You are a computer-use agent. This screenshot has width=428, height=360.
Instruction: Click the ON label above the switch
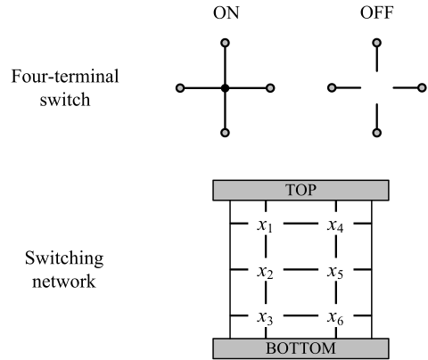(x=225, y=13)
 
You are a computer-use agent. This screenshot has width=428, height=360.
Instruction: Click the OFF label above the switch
(x=376, y=13)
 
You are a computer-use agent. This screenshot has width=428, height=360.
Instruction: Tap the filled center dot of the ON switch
(x=226, y=87)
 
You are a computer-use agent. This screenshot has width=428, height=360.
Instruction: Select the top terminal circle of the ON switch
(x=226, y=42)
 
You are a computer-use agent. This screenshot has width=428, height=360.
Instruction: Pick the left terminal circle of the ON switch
(x=180, y=87)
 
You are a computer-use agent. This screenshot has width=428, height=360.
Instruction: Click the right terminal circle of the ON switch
(x=270, y=87)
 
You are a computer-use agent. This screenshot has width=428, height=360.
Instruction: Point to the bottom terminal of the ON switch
(x=226, y=133)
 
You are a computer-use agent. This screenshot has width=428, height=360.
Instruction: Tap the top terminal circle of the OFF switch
(x=377, y=42)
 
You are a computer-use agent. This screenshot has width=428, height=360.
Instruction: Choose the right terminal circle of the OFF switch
(x=423, y=87)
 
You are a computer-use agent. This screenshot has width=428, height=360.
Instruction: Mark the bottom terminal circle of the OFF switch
(x=377, y=133)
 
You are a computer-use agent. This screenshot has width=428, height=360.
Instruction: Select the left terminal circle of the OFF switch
(x=332, y=87)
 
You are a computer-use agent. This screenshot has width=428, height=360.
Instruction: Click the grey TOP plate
(x=300, y=190)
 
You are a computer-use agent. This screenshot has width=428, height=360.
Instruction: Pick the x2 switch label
(x=265, y=272)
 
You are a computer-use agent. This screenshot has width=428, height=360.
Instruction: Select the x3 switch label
(x=265, y=317)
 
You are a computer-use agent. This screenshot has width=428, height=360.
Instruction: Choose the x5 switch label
(x=336, y=272)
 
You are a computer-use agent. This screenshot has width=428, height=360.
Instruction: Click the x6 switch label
(x=336, y=317)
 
